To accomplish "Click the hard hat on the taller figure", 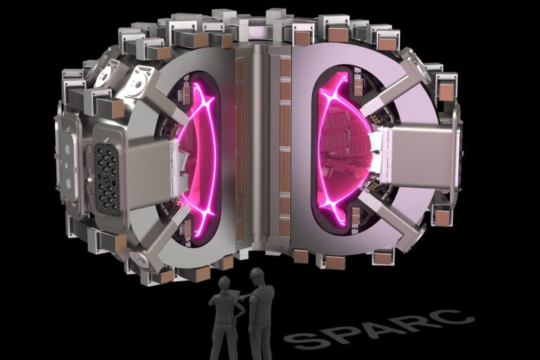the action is click(256, 273).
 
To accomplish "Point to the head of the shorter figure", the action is click(224, 283).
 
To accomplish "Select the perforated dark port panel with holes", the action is click(107, 179).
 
